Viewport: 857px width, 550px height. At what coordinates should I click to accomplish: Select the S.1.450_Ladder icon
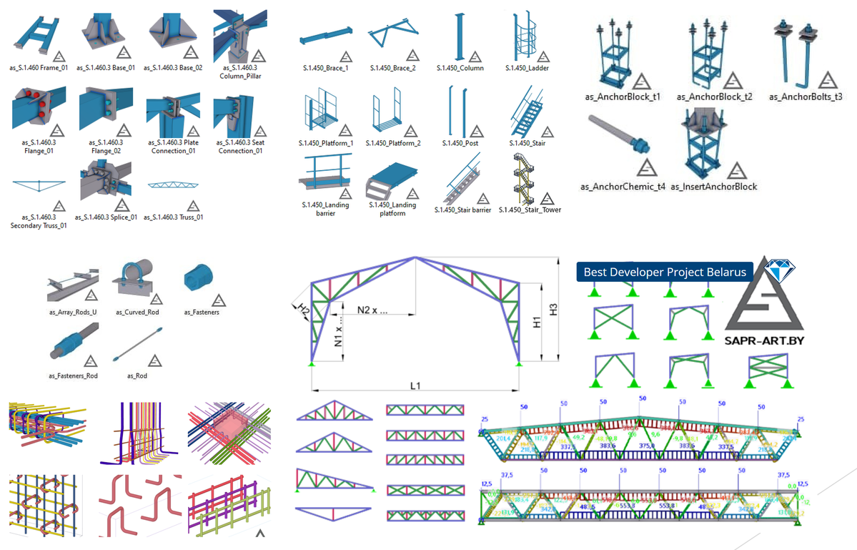524,36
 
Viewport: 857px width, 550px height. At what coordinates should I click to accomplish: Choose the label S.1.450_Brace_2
392,68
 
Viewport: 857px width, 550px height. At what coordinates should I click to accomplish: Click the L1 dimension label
415,386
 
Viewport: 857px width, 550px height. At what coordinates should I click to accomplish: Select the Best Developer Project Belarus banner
665,272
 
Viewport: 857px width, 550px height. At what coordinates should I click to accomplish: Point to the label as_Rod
136,375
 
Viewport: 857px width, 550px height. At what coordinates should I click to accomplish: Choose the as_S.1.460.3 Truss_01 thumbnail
169,185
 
